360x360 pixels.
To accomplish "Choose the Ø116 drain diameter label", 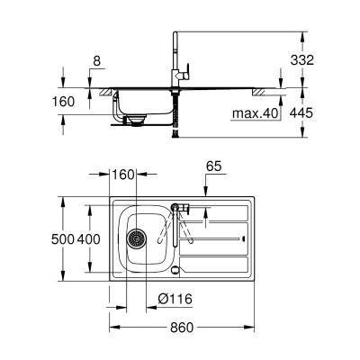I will [x=177, y=299].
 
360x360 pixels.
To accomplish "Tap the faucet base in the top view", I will [x=176, y=209].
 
